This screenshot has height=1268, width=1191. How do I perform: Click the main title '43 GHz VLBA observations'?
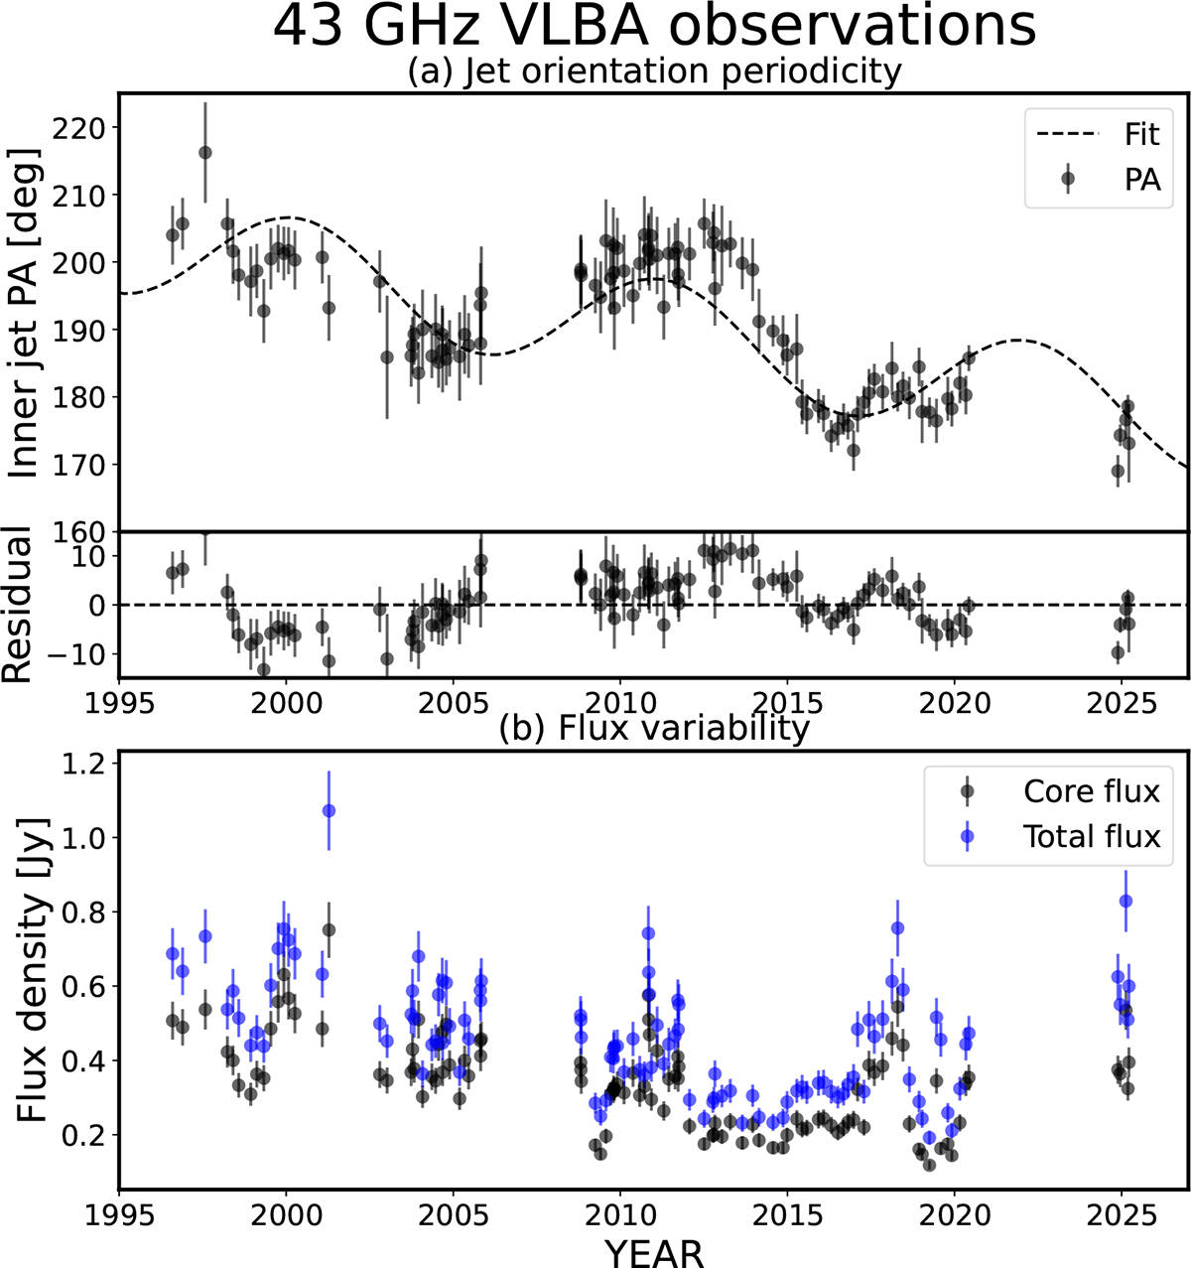[654, 28]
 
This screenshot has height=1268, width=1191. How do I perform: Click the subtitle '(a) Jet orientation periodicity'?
[654, 71]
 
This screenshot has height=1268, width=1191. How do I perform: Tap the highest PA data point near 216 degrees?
[205, 152]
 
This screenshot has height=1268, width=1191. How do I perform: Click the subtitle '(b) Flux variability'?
[654, 730]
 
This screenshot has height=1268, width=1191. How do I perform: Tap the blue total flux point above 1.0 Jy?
[330, 811]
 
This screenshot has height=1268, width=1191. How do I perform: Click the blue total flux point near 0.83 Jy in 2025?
[1125, 901]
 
